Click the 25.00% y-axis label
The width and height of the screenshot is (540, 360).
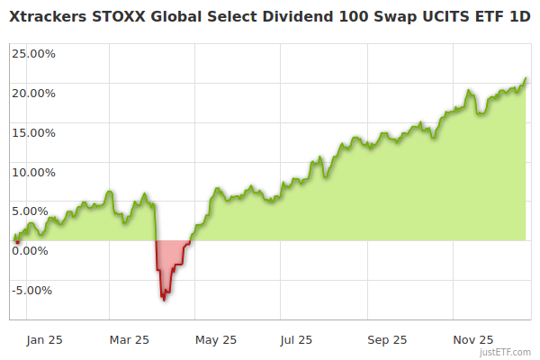pyautogui.click(x=33, y=53)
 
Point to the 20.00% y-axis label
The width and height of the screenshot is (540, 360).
pyautogui.click(x=33, y=93)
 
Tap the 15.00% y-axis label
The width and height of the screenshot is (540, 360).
pyautogui.click(x=33, y=132)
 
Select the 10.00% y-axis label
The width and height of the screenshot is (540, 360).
pyautogui.click(x=33, y=172)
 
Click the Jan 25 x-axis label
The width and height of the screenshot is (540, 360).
pyautogui.click(x=44, y=340)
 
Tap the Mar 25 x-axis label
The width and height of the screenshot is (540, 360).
pyautogui.click(x=129, y=340)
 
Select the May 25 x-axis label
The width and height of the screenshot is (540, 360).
pyautogui.click(x=216, y=340)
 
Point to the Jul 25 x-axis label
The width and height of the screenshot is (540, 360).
pyautogui.click(x=296, y=340)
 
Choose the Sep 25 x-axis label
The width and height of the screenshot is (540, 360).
pyautogui.click(x=388, y=340)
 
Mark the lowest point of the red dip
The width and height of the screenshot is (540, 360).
pyautogui.click(x=163, y=300)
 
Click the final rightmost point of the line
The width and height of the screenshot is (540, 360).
pyautogui.click(x=526, y=78)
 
